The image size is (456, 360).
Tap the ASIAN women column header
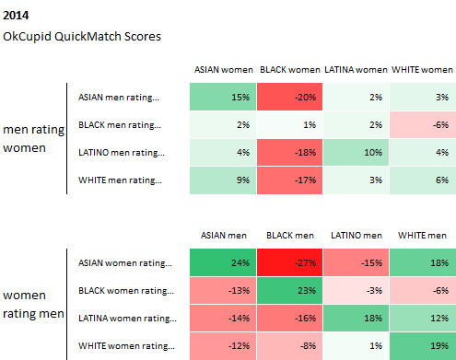pos(222,70)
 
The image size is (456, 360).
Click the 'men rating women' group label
pos(34,139)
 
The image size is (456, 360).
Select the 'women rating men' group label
pos(34,305)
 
